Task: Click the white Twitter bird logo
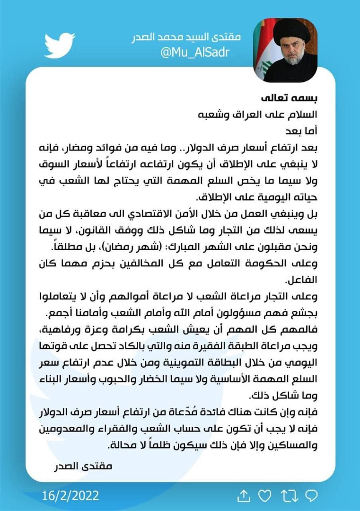pos(60,45)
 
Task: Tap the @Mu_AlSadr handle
pos(195,52)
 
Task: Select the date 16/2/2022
pos(70,495)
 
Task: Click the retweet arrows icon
pos(288,495)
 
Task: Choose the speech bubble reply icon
pos(311,495)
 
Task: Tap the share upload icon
pos(243,495)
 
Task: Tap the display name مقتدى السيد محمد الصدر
pos(186,37)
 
